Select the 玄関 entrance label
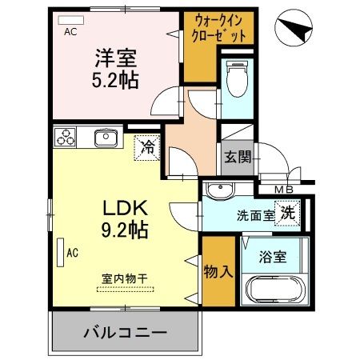coord(237,156)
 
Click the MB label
coord(283,189)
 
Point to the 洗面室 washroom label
coord(254,214)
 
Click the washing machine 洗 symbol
coord(288,214)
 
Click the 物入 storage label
coord(218,271)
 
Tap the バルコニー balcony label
coord(123,332)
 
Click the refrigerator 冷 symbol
coord(148,146)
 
